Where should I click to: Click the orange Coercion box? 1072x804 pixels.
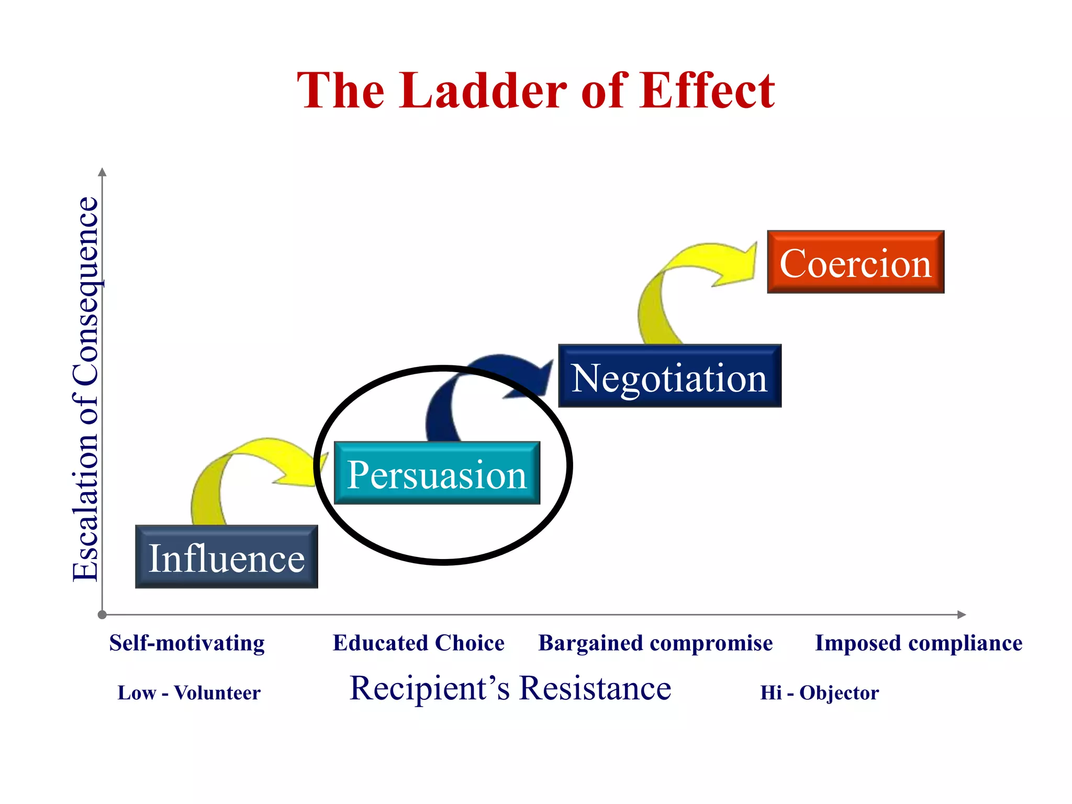pyautogui.click(x=855, y=262)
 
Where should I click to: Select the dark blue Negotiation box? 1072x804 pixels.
pyautogui.click(x=669, y=376)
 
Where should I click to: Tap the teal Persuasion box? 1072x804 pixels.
pyautogui.click(x=437, y=473)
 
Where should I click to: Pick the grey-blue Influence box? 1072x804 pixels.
pyautogui.click(x=226, y=557)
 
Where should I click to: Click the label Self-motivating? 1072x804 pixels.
pyautogui.click(x=187, y=643)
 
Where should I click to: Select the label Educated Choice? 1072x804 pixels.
pyautogui.click(x=418, y=643)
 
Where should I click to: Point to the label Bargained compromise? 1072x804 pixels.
pyautogui.click(x=655, y=643)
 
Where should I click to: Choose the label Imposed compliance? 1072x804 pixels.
pyautogui.click(x=919, y=643)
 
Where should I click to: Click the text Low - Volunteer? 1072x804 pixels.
pyautogui.click(x=189, y=693)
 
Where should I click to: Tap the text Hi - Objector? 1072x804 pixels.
pyautogui.click(x=819, y=693)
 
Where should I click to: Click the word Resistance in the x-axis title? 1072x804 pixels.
pyautogui.click(x=595, y=688)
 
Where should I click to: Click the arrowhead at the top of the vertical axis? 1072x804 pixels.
pyautogui.click(x=103, y=172)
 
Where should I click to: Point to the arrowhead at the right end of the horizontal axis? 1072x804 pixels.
pyautogui.click(x=961, y=615)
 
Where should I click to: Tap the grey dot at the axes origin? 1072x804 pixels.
pyautogui.click(x=103, y=615)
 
